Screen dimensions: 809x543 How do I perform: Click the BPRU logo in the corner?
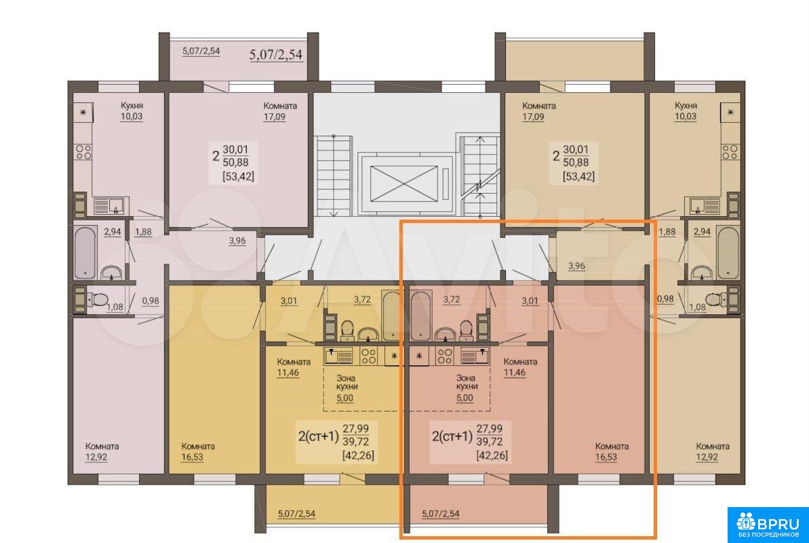tap(768, 525)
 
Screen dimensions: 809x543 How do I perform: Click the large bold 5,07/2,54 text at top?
tap(276, 55)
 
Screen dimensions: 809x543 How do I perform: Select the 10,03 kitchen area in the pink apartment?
tap(132, 117)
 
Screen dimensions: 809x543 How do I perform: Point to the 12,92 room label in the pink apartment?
tap(96, 458)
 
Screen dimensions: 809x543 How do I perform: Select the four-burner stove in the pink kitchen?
tap(83, 152)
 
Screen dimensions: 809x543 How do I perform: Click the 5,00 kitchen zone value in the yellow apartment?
tap(344, 398)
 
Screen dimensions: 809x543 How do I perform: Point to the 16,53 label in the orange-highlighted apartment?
tap(606, 458)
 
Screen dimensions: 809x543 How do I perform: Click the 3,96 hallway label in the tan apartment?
tap(576, 266)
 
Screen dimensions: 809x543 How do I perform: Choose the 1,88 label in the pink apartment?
tap(143, 232)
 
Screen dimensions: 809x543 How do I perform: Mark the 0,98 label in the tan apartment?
tap(665, 298)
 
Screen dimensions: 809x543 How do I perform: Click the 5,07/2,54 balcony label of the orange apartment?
tap(441, 514)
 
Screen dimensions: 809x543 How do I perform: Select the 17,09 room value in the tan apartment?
tap(534, 117)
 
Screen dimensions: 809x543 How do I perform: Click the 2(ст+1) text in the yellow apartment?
tap(318, 437)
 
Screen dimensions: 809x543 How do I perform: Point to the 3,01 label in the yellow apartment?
tap(289, 300)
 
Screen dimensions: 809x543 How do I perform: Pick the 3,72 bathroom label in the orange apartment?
tap(452, 300)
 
